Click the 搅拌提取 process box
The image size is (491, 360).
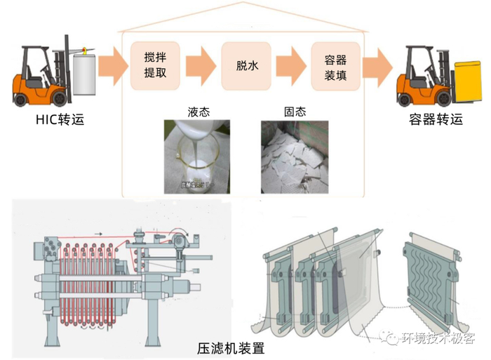[x=156, y=65]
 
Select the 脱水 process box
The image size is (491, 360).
[x=246, y=65]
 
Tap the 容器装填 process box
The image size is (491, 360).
[x=336, y=65]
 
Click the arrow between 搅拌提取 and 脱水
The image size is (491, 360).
[x=201, y=65]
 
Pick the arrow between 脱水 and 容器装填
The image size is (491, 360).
[x=291, y=65]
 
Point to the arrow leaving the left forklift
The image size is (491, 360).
[x=110, y=65]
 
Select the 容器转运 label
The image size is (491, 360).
[x=436, y=119]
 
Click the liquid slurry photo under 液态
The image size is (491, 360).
[x=199, y=156]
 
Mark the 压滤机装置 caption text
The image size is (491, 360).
[x=231, y=347]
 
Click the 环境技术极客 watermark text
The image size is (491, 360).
[x=438, y=338]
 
